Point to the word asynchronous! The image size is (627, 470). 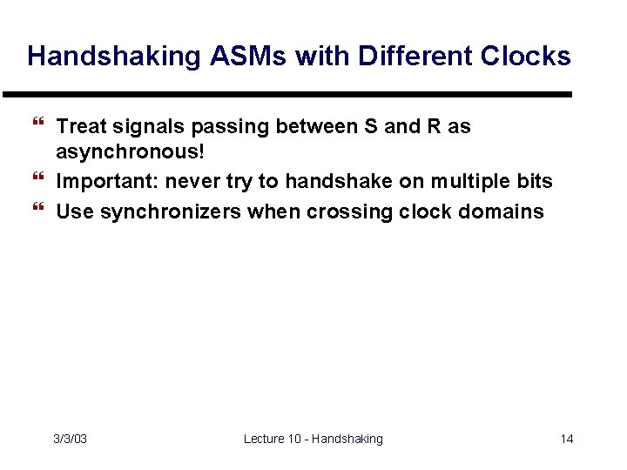pos(131,153)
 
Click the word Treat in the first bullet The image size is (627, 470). pos(80,127)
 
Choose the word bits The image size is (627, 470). pos(534,181)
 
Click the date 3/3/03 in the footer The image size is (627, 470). pos(70,439)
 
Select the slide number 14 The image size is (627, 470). pos(566,439)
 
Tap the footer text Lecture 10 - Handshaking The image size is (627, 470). pos(313,439)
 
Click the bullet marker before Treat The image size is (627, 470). pos(37,127)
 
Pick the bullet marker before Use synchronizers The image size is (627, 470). pos(37,211)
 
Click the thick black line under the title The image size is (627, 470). pos(287,94)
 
